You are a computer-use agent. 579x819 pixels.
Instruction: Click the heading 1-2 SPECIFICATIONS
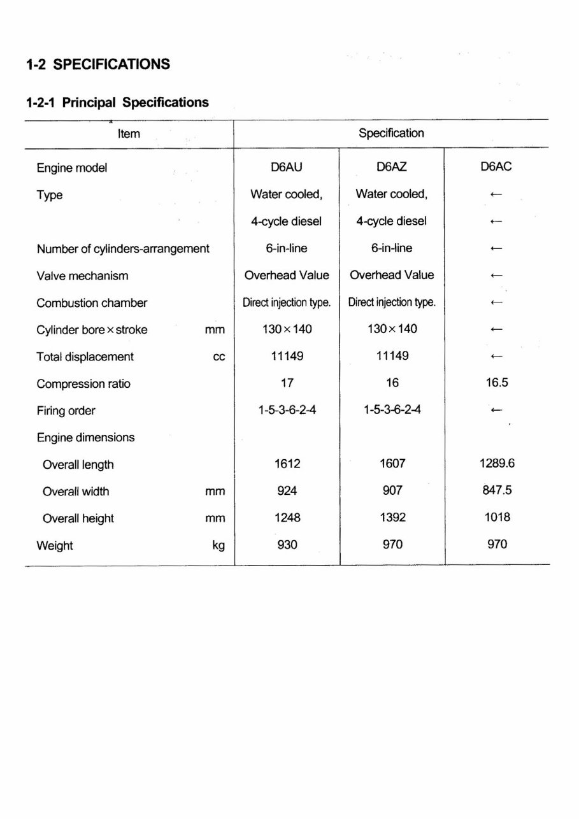(98, 64)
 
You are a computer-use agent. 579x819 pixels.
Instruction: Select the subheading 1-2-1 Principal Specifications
(117, 102)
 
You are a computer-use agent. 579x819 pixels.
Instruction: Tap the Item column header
(129, 134)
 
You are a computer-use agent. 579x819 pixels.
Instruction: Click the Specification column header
(391, 133)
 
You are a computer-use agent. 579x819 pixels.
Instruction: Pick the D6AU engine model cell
(287, 167)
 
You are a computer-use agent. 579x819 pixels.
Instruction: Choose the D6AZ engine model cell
(392, 167)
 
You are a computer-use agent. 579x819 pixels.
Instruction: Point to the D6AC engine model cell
(496, 167)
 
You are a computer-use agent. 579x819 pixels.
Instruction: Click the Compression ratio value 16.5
(496, 383)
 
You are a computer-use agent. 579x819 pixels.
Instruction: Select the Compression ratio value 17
(287, 383)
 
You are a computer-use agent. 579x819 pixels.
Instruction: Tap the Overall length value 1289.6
(497, 464)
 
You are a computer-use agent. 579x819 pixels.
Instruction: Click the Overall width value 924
(287, 491)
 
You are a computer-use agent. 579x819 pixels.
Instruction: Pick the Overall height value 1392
(392, 518)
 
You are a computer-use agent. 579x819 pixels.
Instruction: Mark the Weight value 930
(287, 545)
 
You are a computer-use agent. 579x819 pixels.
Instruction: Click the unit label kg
(218, 546)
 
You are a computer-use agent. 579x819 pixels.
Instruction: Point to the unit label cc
(218, 357)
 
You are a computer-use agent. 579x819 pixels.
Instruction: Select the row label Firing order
(66, 411)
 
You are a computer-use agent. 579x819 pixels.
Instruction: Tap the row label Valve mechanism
(82, 276)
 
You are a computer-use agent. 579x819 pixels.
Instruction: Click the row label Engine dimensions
(85, 438)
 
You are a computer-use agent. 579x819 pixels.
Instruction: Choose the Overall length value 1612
(287, 464)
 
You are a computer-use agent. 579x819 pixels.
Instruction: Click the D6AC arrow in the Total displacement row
(497, 357)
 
